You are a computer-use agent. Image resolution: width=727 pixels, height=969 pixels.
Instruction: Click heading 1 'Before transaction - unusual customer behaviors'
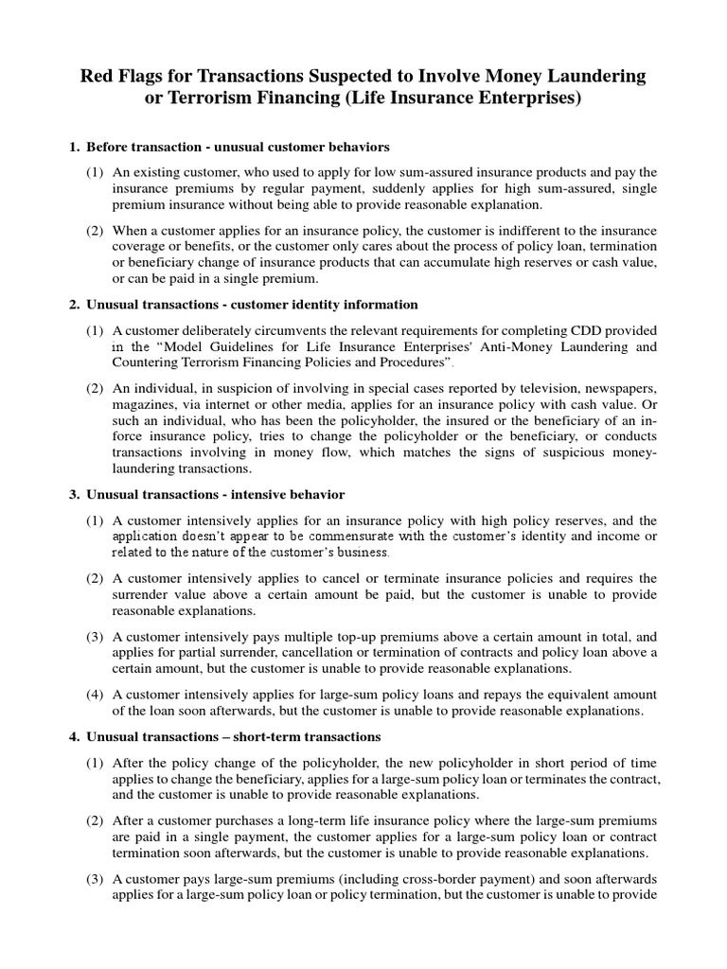coord(238,147)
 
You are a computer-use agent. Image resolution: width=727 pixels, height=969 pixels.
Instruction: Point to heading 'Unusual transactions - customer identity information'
coord(252,304)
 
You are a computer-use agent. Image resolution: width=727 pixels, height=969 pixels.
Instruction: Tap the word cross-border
coord(399,878)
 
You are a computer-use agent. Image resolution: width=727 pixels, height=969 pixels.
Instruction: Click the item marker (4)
coord(96,695)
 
